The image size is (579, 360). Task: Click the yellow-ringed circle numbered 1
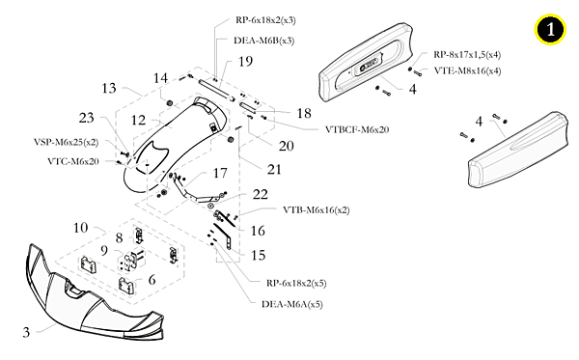550,29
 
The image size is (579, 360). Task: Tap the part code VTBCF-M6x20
357,129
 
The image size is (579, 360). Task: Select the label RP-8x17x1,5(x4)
467,55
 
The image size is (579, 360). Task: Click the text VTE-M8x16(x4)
467,70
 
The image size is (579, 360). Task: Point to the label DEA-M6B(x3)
264,41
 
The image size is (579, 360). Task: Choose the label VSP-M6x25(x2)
66,142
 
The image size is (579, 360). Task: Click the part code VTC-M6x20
73,161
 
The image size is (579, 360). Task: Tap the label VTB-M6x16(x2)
317,209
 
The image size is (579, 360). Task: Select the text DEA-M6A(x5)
292,304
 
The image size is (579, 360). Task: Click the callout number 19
245,62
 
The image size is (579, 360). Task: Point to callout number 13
109,88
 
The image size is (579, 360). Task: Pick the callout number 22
260,194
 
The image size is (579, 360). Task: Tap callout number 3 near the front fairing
26,332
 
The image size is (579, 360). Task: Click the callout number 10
80,228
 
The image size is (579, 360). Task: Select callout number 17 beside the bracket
220,173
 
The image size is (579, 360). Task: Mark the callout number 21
274,170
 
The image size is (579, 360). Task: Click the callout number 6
152,280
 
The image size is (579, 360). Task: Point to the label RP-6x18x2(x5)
296,283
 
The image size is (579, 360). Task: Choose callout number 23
87,118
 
